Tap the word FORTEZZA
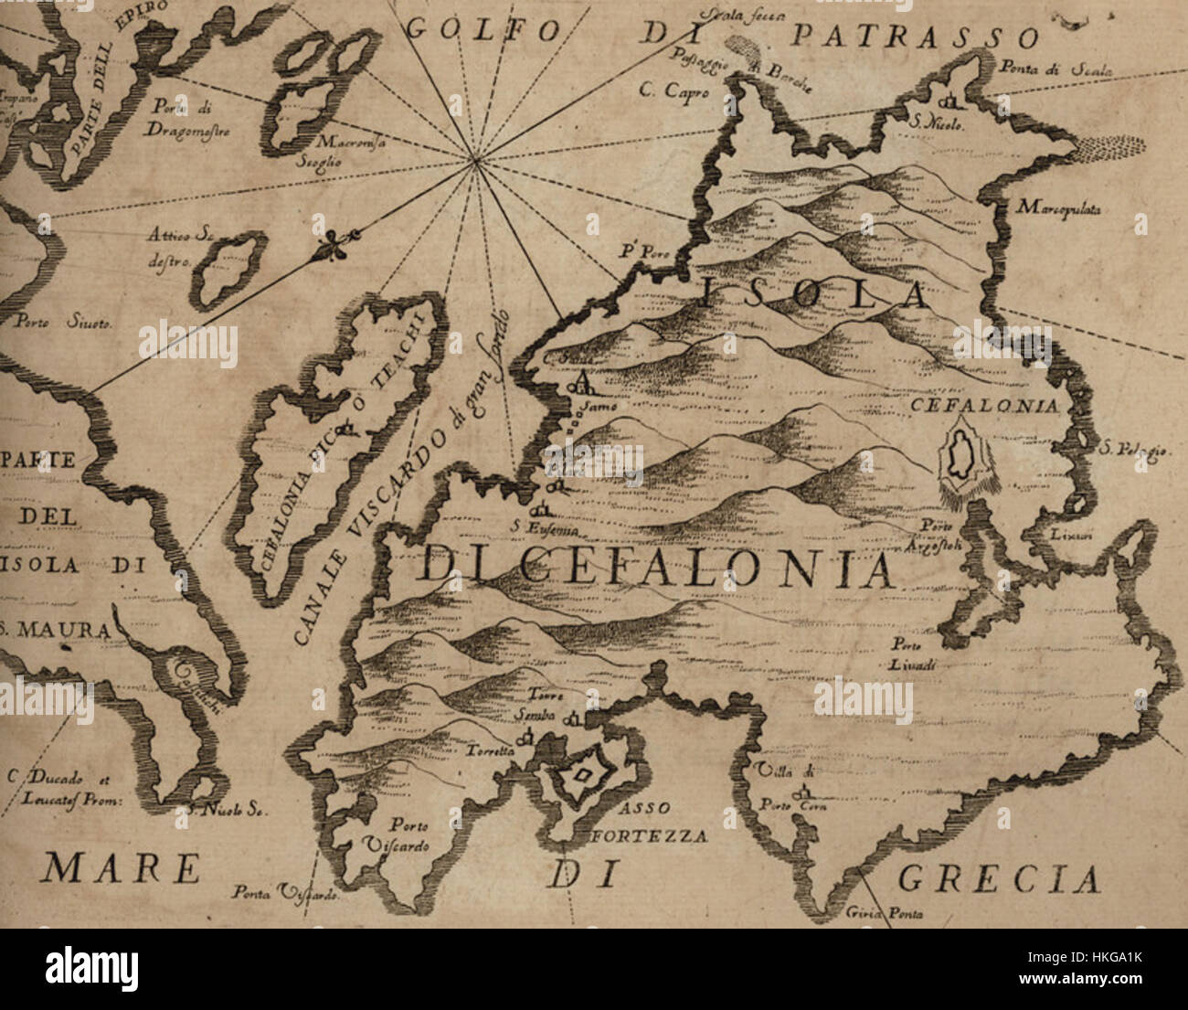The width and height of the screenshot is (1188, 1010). (x=650, y=835)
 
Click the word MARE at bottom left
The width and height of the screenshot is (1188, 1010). (x=121, y=867)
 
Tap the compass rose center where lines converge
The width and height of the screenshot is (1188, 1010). (x=473, y=162)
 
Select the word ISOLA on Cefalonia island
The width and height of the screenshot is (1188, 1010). (x=816, y=294)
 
